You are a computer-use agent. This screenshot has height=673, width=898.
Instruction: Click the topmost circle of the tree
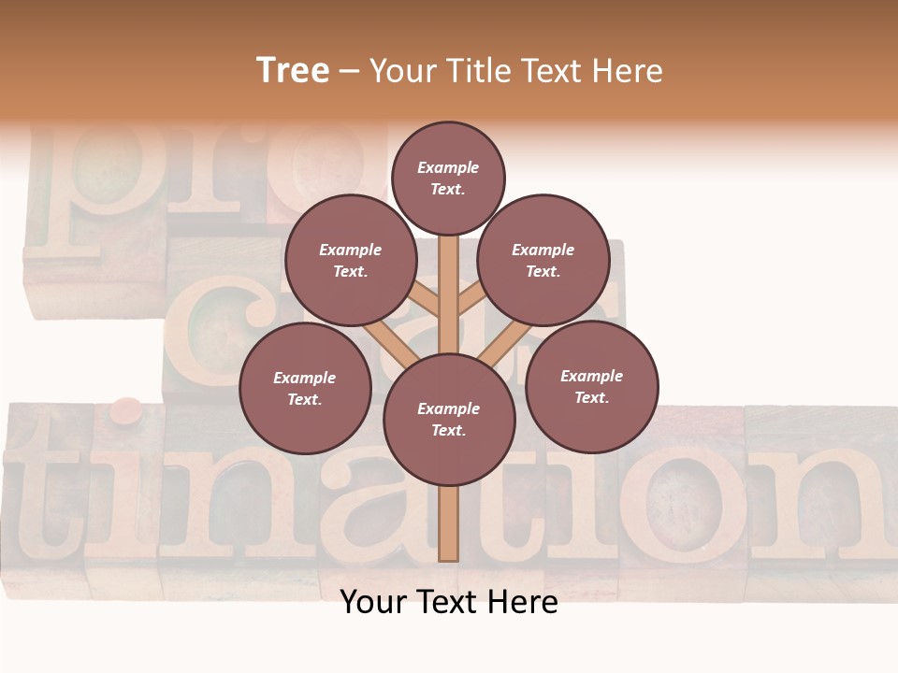coord(448,178)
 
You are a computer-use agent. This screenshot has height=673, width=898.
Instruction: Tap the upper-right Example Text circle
coord(543,260)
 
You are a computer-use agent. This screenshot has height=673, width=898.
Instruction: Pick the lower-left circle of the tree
coord(305,388)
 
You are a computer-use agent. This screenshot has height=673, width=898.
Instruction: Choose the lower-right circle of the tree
coord(591,386)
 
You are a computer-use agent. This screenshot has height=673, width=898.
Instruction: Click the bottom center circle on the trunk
coord(448,419)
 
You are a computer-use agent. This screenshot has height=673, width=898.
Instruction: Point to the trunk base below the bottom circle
coord(448,523)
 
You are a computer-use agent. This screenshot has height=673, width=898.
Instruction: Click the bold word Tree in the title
coord(293,71)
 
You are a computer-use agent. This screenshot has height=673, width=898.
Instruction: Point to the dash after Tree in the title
coord(349,72)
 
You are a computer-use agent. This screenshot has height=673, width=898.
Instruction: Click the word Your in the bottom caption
coord(374,602)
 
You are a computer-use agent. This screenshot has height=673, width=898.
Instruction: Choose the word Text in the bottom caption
coord(448,602)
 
